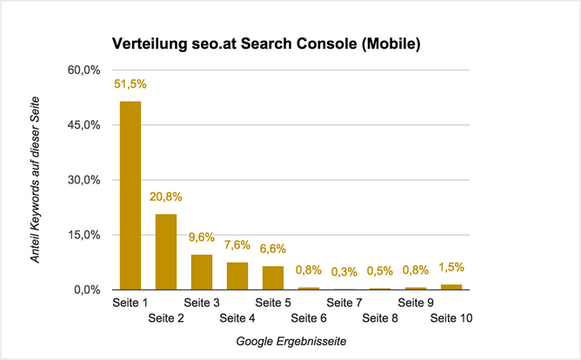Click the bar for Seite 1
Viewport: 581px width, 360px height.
tap(130, 196)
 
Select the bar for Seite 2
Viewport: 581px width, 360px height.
tap(166, 251)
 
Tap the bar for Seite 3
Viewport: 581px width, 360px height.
tap(202, 272)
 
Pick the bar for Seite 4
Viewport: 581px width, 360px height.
tap(237, 276)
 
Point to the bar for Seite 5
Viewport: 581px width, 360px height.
tap(273, 277)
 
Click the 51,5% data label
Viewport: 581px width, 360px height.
tap(130, 84)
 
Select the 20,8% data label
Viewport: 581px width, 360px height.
tap(166, 197)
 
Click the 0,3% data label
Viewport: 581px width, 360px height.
tap(345, 273)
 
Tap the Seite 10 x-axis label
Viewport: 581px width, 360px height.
tap(452, 319)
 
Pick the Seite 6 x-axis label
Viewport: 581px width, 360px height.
tap(310, 319)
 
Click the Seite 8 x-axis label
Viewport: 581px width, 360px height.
tap(381, 319)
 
